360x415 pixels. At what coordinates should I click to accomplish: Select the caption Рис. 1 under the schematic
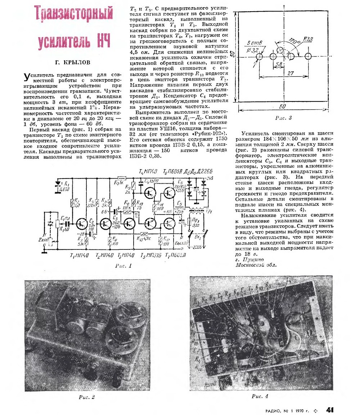tap(123, 266)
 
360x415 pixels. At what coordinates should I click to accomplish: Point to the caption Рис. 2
tap(86, 397)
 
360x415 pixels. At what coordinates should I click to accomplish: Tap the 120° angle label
tap(294, 42)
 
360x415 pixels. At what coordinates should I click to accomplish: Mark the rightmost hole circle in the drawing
tap(307, 57)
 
